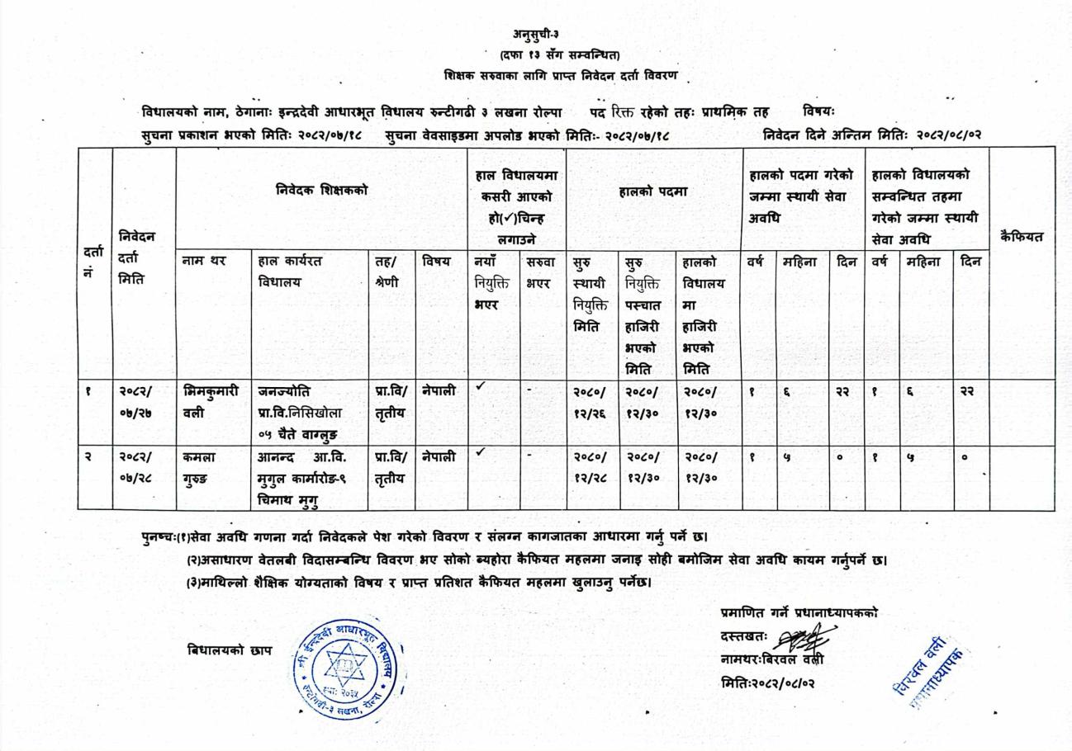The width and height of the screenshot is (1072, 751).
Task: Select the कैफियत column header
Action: coord(1021,237)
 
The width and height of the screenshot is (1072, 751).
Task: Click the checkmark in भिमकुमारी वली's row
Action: coord(481,385)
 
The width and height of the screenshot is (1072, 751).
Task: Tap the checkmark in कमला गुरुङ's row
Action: coord(481,451)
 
